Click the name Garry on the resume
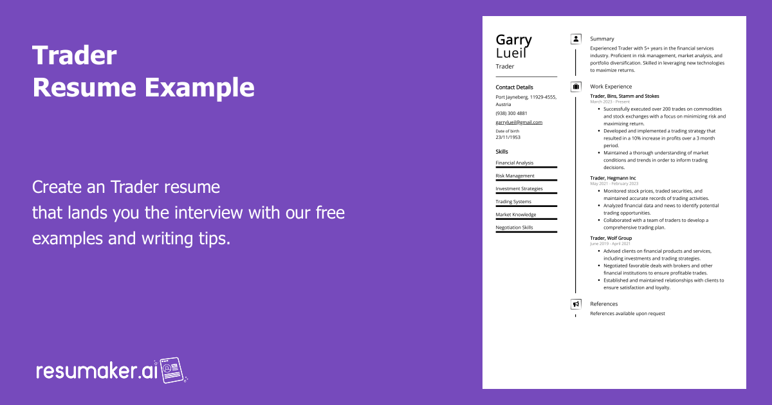point(513,40)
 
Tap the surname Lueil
point(511,53)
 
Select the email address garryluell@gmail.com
point(519,122)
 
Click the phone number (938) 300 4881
point(511,113)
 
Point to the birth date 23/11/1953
point(508,137)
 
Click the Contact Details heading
point(514,87)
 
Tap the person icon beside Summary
point(576,39)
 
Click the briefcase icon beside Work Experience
point(576,87)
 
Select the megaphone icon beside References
point(576,304)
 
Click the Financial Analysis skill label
point(514,163)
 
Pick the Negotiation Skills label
point(514,228)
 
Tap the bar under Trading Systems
point(526,206)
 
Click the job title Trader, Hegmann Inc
point(612,178)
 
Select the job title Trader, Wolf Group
point(611,238)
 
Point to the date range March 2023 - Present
point(610,102)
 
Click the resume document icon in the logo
point(172,370)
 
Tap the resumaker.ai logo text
point(97,372)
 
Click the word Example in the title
point(199,87)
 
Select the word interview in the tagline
point(208,213)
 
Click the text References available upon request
point(627,314)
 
